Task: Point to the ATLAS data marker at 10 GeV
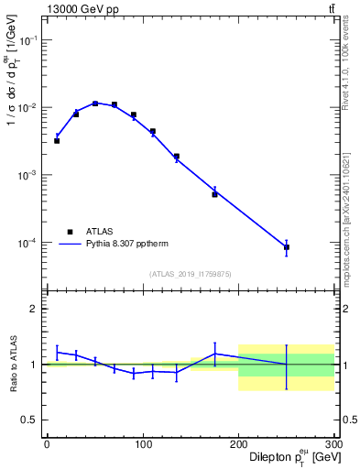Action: (57, 141)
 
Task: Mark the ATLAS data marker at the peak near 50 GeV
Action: (95, 104)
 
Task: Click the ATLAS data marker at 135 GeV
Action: (176, 157)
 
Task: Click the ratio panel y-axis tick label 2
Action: (34, 309)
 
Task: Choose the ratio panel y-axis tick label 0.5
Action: (29, 420)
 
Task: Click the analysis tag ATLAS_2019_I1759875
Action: (191, 274)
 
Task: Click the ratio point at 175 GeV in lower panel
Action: (214, 354)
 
